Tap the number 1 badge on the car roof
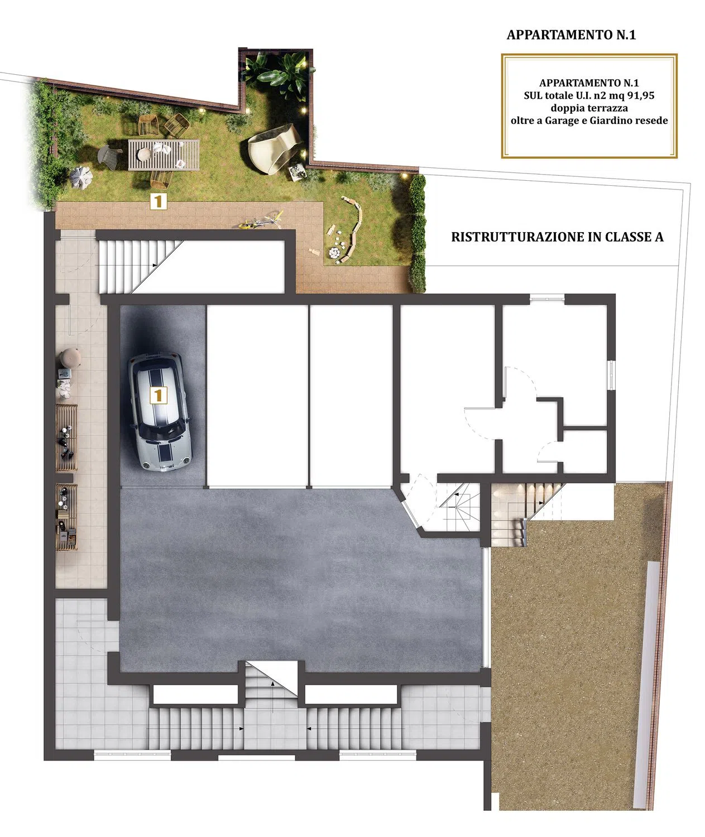tap(158, 395)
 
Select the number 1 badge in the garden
tap(158, 201)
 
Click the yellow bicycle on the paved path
tap(261, 220)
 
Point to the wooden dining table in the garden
tap(164, 155)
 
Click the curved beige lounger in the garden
tap(274, 148)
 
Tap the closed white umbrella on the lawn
tap(81, 177)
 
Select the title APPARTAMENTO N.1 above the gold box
tap(571, 35)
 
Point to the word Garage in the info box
tap(560, 121)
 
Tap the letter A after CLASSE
tap(659, 237)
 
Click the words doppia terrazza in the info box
tap(589, 108)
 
